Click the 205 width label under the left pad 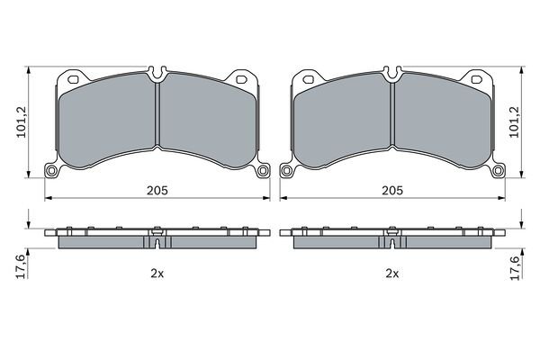coord(157,190)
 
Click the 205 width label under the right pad coord(391,190)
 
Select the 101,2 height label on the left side coord(22,121)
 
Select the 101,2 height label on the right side coord(514,121)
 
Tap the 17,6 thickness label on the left coord(22,266)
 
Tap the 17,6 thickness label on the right coord(514,268)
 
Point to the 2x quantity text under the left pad coord(157,274)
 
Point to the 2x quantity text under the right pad coord(391,274)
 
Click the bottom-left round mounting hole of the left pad coord(51,170)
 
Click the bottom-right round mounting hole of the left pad coord(263,170)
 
